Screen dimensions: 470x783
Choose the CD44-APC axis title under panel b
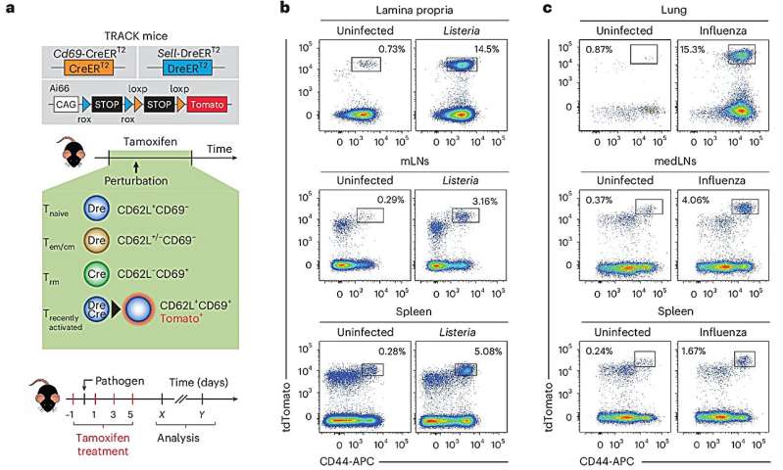click(336, 459)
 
